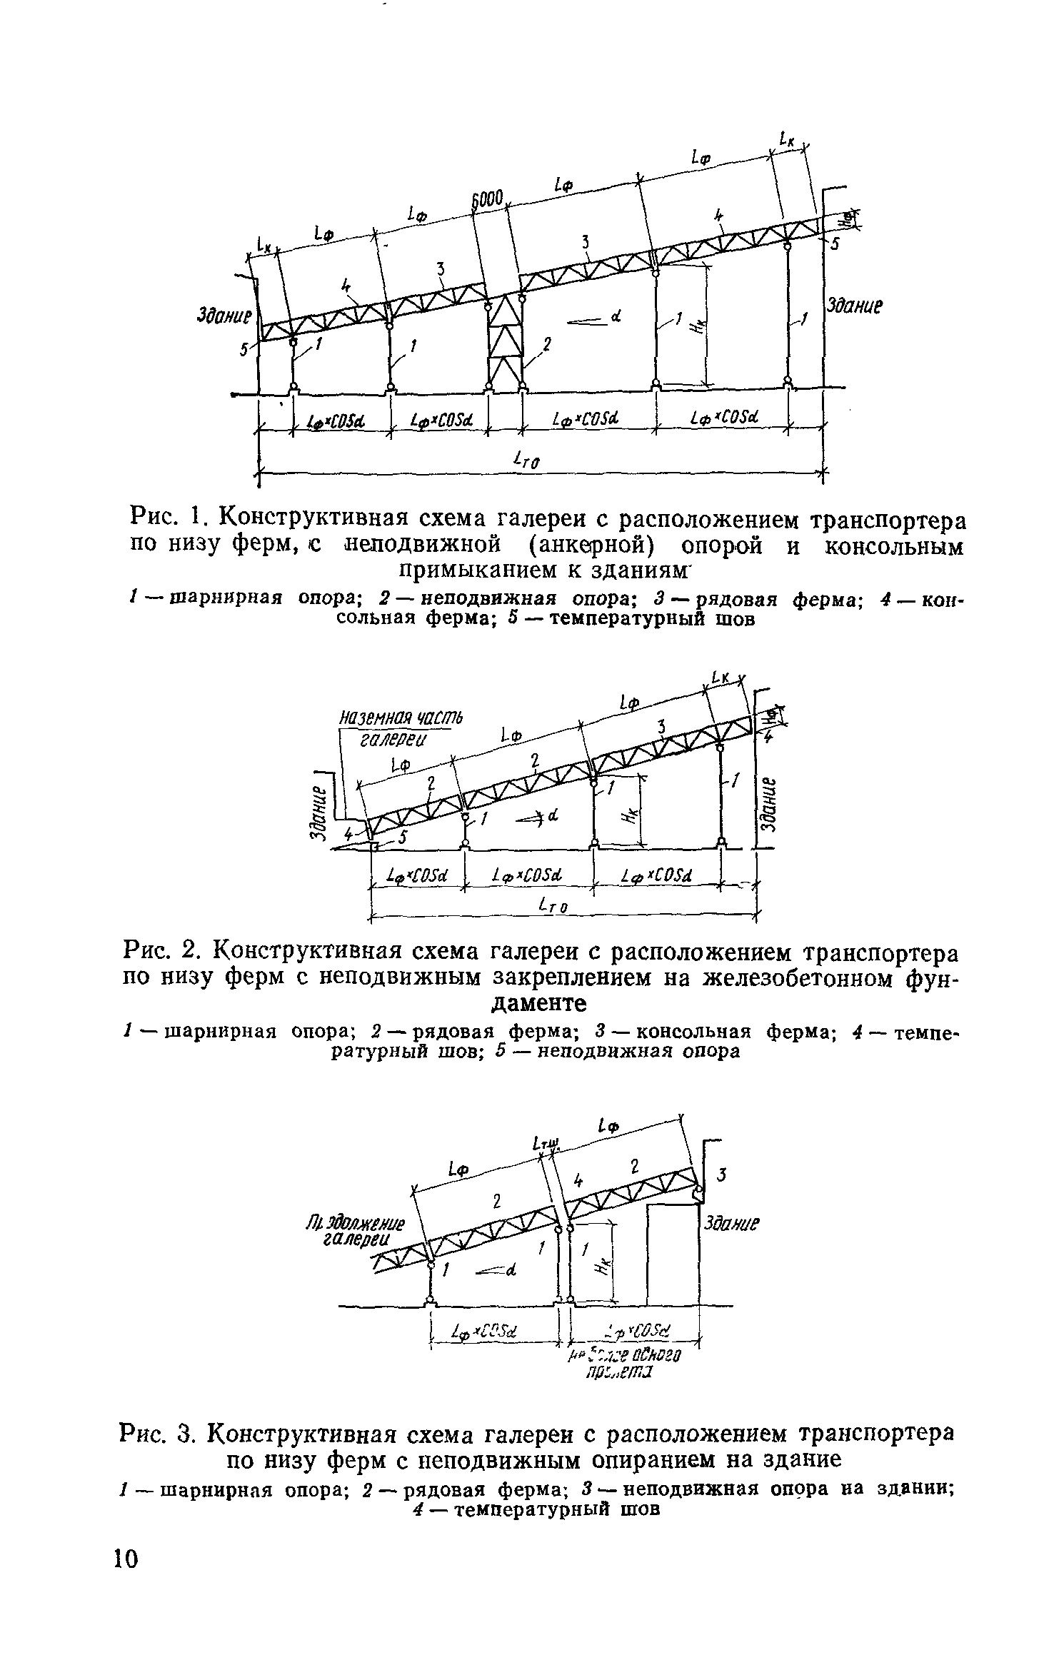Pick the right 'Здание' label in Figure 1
[x=855, y=306]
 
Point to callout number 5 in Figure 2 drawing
[x=402, y=840]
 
